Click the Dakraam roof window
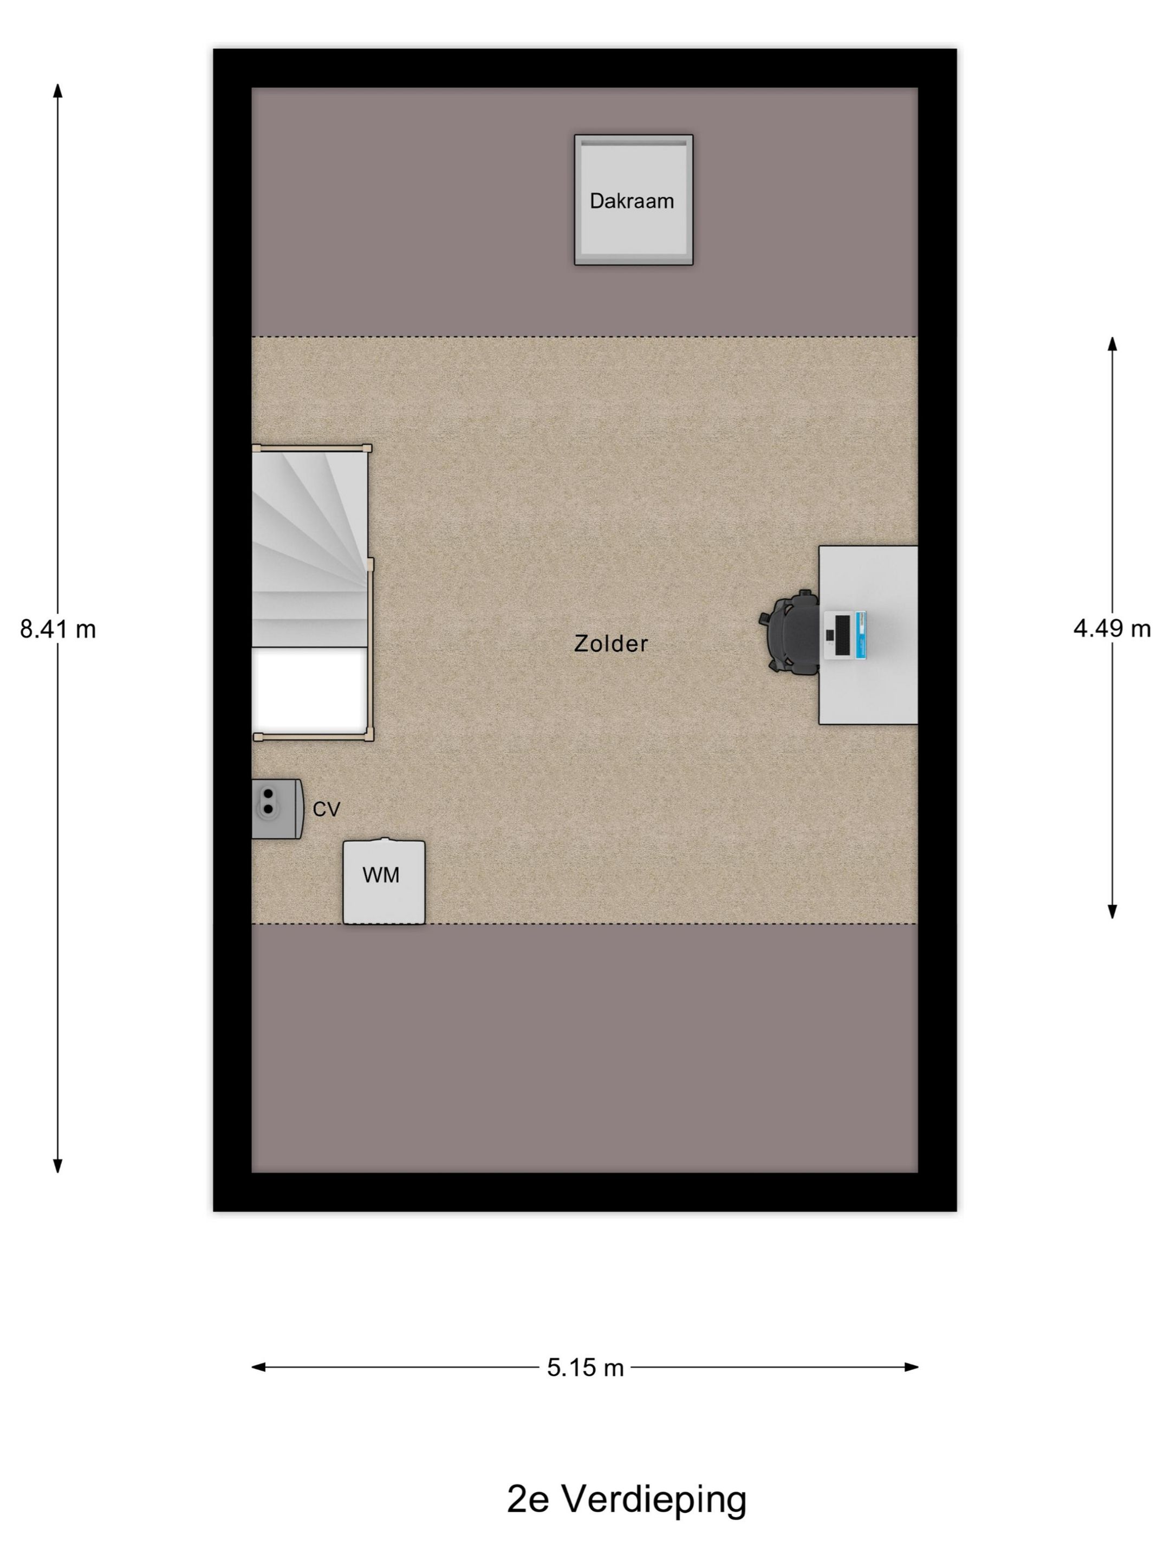coord(633,199)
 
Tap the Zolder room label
coord(611,643)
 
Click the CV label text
coord(327,809)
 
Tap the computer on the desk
coord(845,635)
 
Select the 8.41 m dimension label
coord(58,629)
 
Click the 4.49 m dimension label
coord(1112,628)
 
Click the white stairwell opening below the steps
coord(310,689)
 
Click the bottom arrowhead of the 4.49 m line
coord(1112,912)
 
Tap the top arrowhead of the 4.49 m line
coord(1112,344)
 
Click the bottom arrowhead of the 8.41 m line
coord(58,1166)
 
